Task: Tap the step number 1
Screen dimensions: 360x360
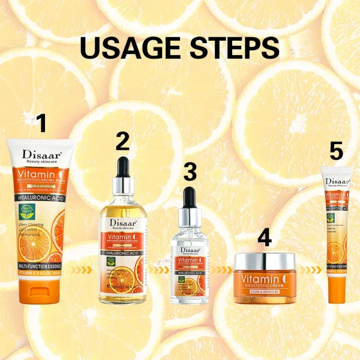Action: [x=41, y=124]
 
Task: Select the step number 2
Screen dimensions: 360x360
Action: [x=122, y=142]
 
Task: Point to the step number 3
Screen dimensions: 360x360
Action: [x=190, y=172]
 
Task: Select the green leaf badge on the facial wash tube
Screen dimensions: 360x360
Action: [x=28, y=212]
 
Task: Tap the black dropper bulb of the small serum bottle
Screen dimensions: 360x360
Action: [x=190, y=197]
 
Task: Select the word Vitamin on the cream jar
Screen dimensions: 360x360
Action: [x=255, y=280]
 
